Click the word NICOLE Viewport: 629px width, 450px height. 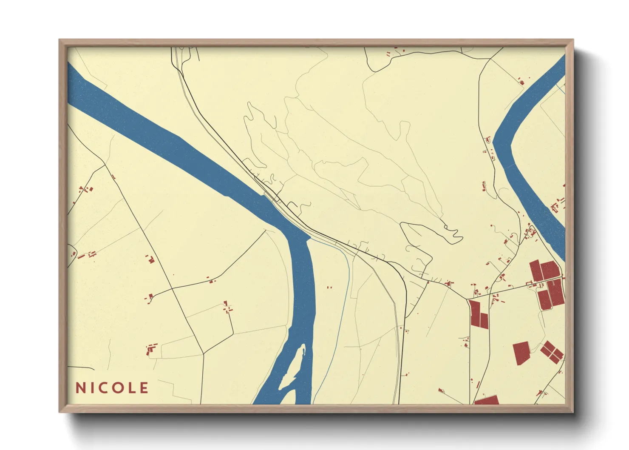tap(112, 387)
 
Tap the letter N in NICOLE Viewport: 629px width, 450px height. tap(79, 387)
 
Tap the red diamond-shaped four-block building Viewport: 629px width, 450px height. tap(552, 352)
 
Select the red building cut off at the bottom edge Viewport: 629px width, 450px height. tap(487, 400)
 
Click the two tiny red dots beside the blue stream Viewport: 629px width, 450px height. tap(329, 288)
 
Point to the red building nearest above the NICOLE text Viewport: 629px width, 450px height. tap(150, 350)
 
